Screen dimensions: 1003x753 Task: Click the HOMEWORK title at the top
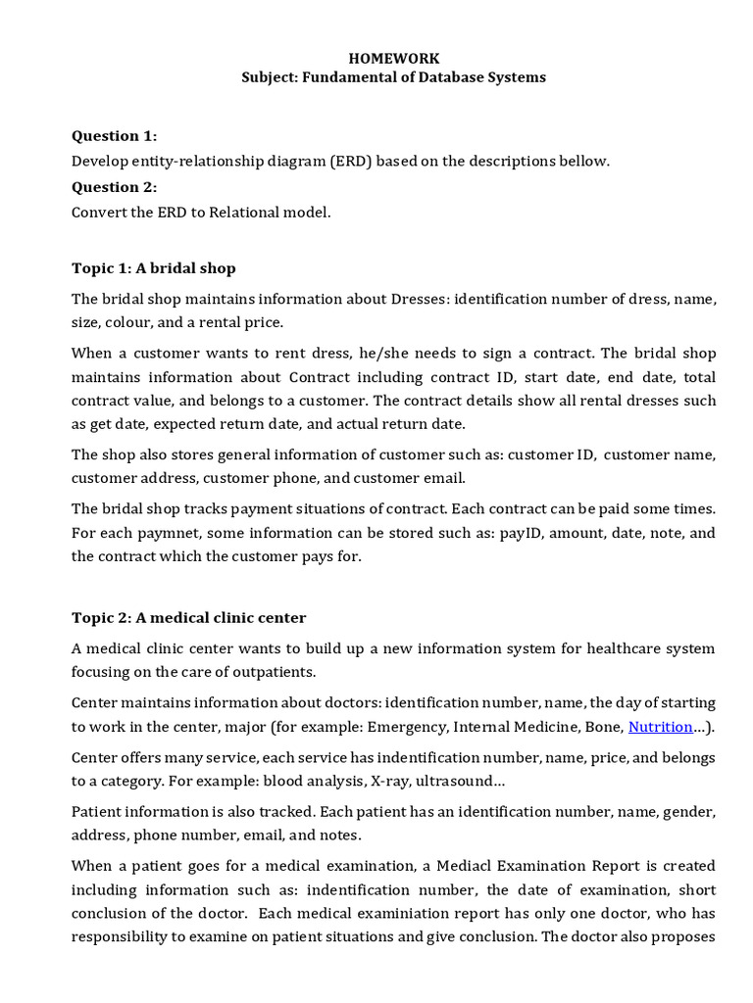tap(394, 59)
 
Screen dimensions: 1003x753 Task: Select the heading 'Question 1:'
tap(114, 136)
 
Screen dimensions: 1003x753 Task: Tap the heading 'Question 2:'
tap(114, 187)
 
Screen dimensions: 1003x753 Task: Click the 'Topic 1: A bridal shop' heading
tap(154, 267)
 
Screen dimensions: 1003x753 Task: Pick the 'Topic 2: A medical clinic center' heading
tap(189, 617)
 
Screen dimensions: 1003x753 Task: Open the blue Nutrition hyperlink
tap(660, 727)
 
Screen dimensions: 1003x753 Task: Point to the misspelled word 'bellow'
tap(585, 162)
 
